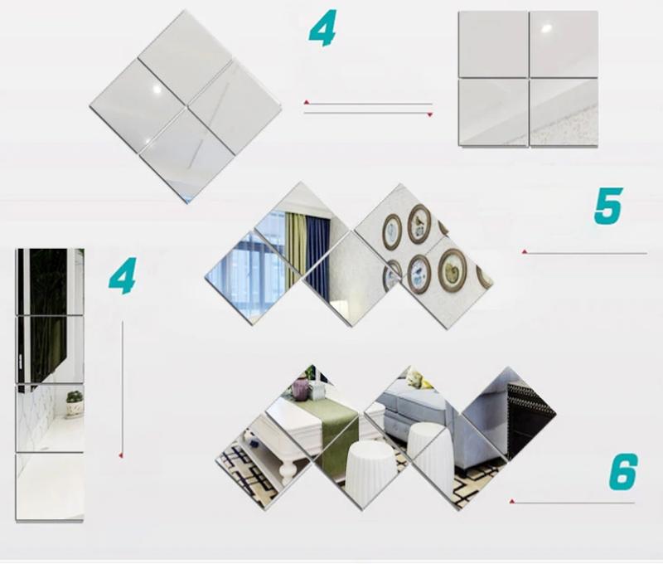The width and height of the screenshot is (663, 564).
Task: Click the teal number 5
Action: tap(608, 206)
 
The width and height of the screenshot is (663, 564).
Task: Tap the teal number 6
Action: tap(622, 471)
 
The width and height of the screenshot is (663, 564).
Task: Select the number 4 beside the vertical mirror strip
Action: tap(122, 276)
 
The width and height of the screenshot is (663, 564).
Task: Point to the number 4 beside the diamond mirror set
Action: tap(322, 28)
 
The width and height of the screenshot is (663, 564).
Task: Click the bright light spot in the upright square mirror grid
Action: tap(546, 29)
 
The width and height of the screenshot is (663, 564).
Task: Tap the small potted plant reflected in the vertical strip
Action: tap(75, 403)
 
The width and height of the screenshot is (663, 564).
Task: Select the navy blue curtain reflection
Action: tap(317, 254)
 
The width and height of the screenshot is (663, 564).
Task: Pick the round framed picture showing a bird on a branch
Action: tap(419, 224)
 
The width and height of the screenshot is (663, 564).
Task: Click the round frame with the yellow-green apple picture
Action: tap(452, 270)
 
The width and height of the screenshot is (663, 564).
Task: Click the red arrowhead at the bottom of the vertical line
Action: tap(121, 455)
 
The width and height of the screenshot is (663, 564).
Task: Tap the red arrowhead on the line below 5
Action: tap(525, 252)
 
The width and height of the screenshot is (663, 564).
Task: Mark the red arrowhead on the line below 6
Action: tap(512, 502)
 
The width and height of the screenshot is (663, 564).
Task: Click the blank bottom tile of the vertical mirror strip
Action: tap(50, 487)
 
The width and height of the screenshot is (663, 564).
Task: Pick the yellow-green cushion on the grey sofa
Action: tap(419, 379)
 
